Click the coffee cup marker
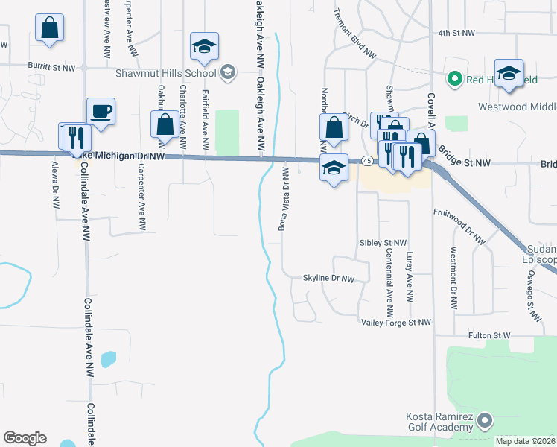[101, 112]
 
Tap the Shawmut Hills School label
[165, 73]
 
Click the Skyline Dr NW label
[328, 278]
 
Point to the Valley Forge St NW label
[396, 322]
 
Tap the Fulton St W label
[488, 336]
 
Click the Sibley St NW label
[383, 243]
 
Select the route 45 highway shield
[367, 161]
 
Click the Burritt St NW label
[52, 67]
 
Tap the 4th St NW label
[456, 34]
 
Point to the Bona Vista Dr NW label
[284, 200]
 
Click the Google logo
[25, 438]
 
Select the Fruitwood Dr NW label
[459, 226]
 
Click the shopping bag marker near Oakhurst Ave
[164, 124]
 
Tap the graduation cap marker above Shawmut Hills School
[203, 47]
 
